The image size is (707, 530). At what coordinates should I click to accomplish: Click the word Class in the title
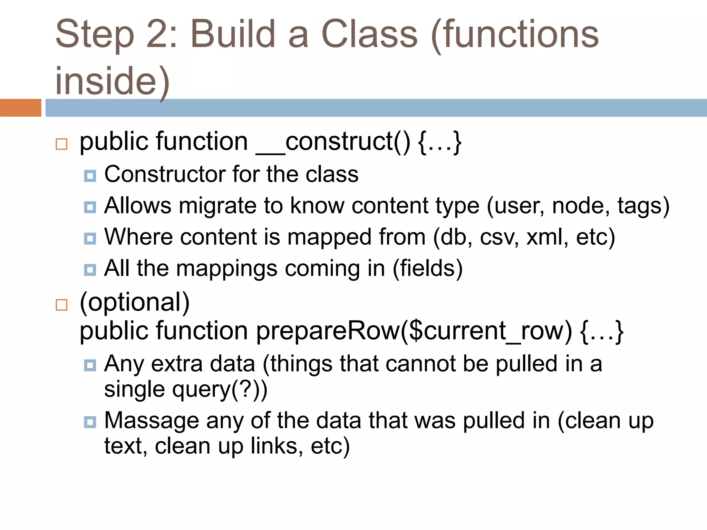(x=369, y=35)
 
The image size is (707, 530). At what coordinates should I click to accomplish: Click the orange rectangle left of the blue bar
(x=20, y=108)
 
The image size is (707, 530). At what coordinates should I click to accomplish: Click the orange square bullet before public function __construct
(x=61, y=144)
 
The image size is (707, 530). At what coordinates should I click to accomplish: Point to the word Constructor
(x=165, y=174)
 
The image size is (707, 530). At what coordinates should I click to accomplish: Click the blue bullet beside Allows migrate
(x=90, y=207)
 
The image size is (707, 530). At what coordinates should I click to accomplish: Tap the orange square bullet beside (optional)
(x=61, y=305)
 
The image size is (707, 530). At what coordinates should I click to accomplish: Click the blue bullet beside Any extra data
(x=90, y=365)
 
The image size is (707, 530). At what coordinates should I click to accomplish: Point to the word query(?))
(x=220, y=390)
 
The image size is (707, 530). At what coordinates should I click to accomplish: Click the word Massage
(x=152, y=421)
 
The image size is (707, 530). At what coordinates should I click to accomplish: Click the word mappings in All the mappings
(x=227, y=268)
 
